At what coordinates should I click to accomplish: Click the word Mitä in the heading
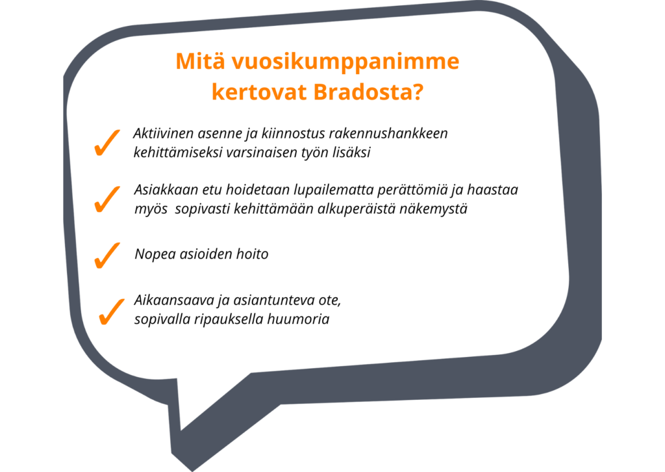[x=199, y=61]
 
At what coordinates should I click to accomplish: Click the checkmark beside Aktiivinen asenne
[x=107, y=143]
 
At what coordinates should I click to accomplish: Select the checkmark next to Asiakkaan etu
[x=107, y=199]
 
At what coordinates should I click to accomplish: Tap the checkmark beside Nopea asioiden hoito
[x=107, y=256]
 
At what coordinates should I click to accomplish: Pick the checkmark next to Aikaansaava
[x=112, y=311]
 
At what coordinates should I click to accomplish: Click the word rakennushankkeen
[x=388, y=133]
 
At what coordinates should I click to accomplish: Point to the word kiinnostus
[x=293, y=133]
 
